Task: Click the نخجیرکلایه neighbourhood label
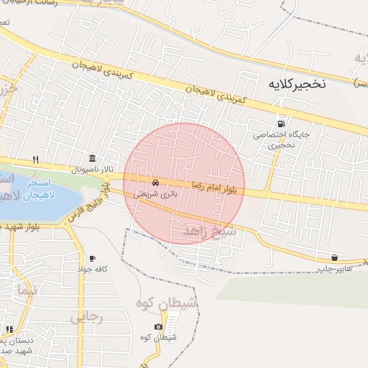[x=297, y=83]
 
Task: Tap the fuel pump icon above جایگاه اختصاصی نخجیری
[x=280, y=121]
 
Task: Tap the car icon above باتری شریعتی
[x=156, y=182]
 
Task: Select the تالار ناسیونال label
[x=93, y=170]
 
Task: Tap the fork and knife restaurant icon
[x=35, y=160]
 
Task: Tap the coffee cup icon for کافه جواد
[x=92, y=258]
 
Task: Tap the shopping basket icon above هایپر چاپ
[x=334, y=258]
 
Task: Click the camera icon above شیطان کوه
[x=158, y=327]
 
